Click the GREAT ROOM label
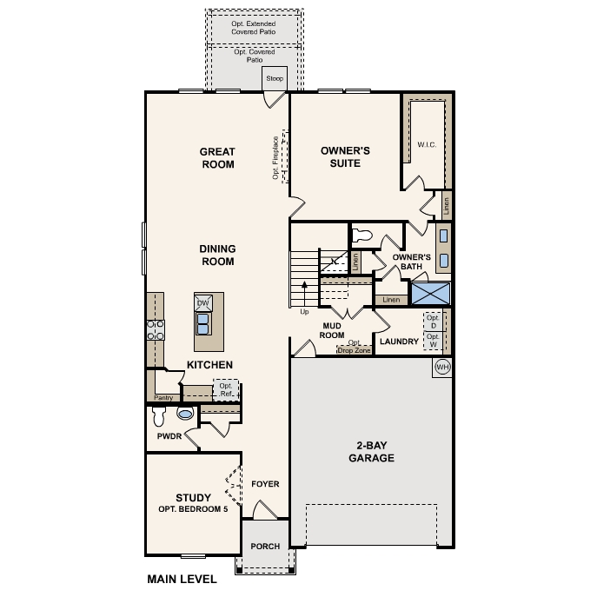[218, 157]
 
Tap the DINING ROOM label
[218, 255]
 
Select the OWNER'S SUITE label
[345, 156]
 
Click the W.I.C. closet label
[426, 144]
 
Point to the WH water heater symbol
[441, 367]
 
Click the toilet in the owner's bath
[364, 235]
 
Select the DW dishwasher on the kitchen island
[203, 302]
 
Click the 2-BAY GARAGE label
[372, 452]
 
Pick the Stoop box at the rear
[275, 78]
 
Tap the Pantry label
[164, 398]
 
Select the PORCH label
[265, 547]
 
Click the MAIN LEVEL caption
[182, 579]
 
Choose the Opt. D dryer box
[433, 320]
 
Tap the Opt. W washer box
[433, 339]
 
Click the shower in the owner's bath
[430, 291]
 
